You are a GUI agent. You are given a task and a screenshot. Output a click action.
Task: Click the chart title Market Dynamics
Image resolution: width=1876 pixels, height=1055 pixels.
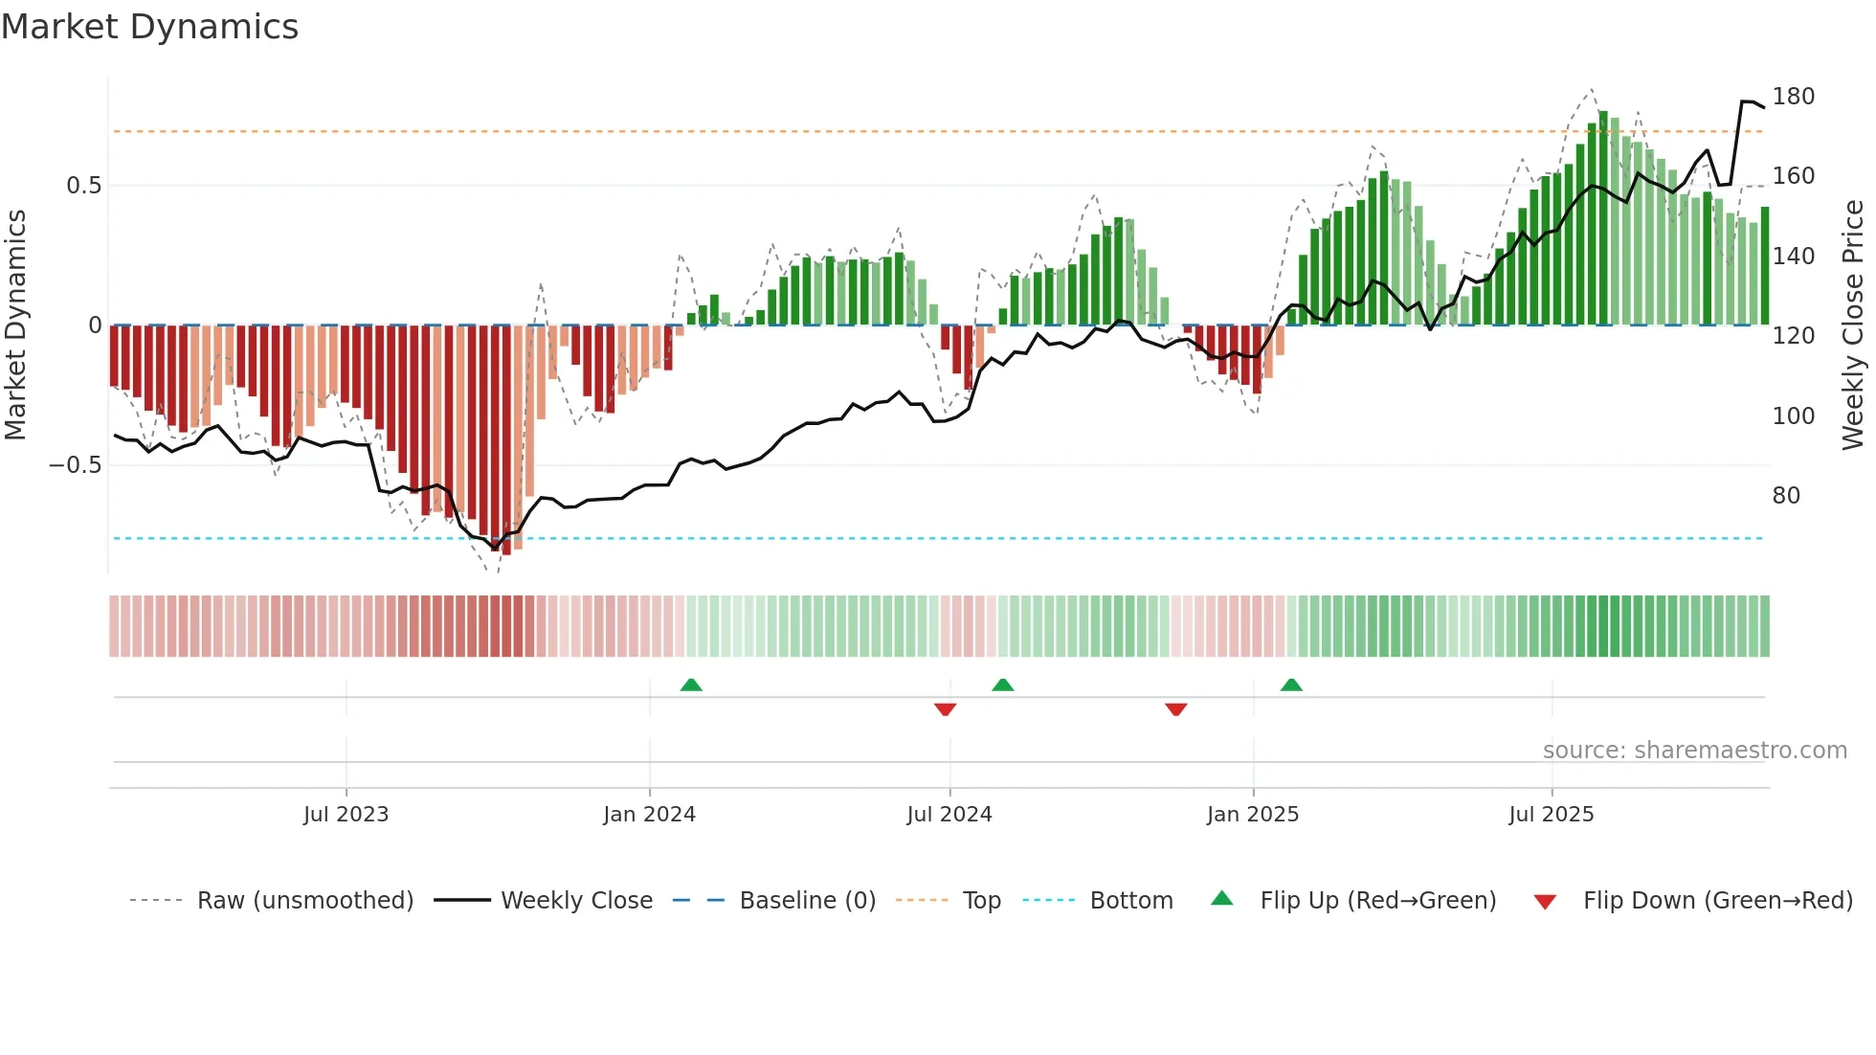(x=149, y=27)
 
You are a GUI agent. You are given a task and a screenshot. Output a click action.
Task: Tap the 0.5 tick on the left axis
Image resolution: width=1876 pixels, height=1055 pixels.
(x=83, y=186)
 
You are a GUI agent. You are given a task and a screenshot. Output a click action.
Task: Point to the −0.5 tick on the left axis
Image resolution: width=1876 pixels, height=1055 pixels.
(x=76, y=465)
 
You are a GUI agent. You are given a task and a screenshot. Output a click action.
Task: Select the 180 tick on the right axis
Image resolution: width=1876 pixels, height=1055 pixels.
(x=1793, y=97)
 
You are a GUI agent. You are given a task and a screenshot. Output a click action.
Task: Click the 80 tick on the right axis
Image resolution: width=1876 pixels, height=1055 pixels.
(x=1786, y=496)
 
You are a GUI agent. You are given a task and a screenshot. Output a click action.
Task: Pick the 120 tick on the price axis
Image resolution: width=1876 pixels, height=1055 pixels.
(x=1793, y=336)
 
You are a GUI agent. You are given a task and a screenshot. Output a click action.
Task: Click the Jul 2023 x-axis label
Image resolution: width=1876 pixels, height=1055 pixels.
(x=346, y=815)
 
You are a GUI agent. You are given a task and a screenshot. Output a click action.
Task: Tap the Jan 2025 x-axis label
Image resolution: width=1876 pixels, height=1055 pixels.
(x=1252, y=815)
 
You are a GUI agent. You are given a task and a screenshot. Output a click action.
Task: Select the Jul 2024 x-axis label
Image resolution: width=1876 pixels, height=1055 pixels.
(x=949, y=815)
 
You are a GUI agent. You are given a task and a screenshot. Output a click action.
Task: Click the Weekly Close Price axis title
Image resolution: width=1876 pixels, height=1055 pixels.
(x=1853, y=325)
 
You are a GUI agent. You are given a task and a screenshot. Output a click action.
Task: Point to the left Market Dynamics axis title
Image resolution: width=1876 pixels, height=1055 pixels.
(x=15, y=325)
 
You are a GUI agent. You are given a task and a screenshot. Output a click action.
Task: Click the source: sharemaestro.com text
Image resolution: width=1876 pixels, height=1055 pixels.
(x=1694, y=751)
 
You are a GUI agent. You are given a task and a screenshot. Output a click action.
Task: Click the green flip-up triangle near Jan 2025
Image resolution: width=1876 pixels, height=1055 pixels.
(x=1291, y=685)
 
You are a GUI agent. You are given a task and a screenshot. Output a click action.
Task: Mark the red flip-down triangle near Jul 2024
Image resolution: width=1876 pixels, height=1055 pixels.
(x=945, y=709)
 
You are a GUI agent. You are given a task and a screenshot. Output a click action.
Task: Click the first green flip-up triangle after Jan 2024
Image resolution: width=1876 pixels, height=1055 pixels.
(x=691, y=685)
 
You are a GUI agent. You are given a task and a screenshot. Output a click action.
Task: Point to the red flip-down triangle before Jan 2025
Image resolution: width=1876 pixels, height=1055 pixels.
(x=1176, y=709)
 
